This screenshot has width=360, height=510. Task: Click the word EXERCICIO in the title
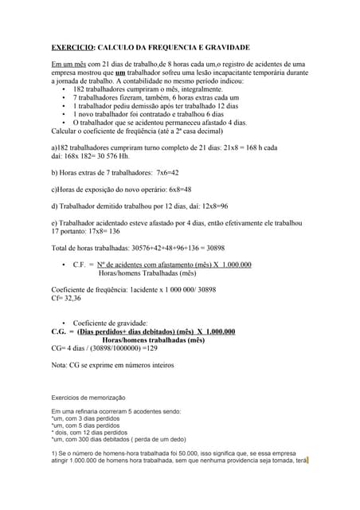72,48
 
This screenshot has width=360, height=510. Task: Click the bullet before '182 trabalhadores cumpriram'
63,89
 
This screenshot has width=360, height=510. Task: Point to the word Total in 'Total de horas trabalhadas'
61,248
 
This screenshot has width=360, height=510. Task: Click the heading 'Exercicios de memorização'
88,397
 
